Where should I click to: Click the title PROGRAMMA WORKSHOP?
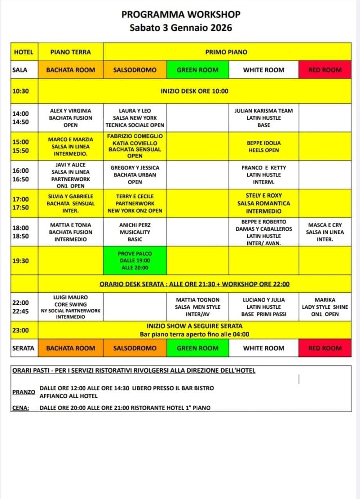click(x=181, y=14)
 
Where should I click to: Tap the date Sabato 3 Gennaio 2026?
click(x=181, y=28)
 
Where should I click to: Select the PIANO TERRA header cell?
click(x=71, y=52)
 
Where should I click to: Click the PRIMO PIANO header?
click(x=226, y=52)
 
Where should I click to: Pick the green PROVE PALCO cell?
click(x=135, y=261)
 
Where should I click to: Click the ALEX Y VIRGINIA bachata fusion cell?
click(x=71, y=118)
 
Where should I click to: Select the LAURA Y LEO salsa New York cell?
click(x=135, y=118)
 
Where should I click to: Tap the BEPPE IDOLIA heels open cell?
click(x=264, y=147)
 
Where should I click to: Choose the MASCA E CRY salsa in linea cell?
click(x=325, y=232)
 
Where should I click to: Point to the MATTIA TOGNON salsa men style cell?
click(x=198, y=307)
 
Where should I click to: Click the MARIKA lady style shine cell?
click(x=325, y=307)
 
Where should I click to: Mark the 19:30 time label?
click(x=20, y=261)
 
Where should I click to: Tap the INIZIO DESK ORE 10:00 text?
click(x=195, y=91)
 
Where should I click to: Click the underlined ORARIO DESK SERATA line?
click(x=195, y=284)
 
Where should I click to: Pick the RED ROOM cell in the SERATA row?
click(x=325, y=348)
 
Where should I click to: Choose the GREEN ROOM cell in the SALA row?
click(x=198, y=70)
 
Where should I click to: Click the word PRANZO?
click(x=23, y=392)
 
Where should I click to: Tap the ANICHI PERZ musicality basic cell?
click(x=135, y=232)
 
